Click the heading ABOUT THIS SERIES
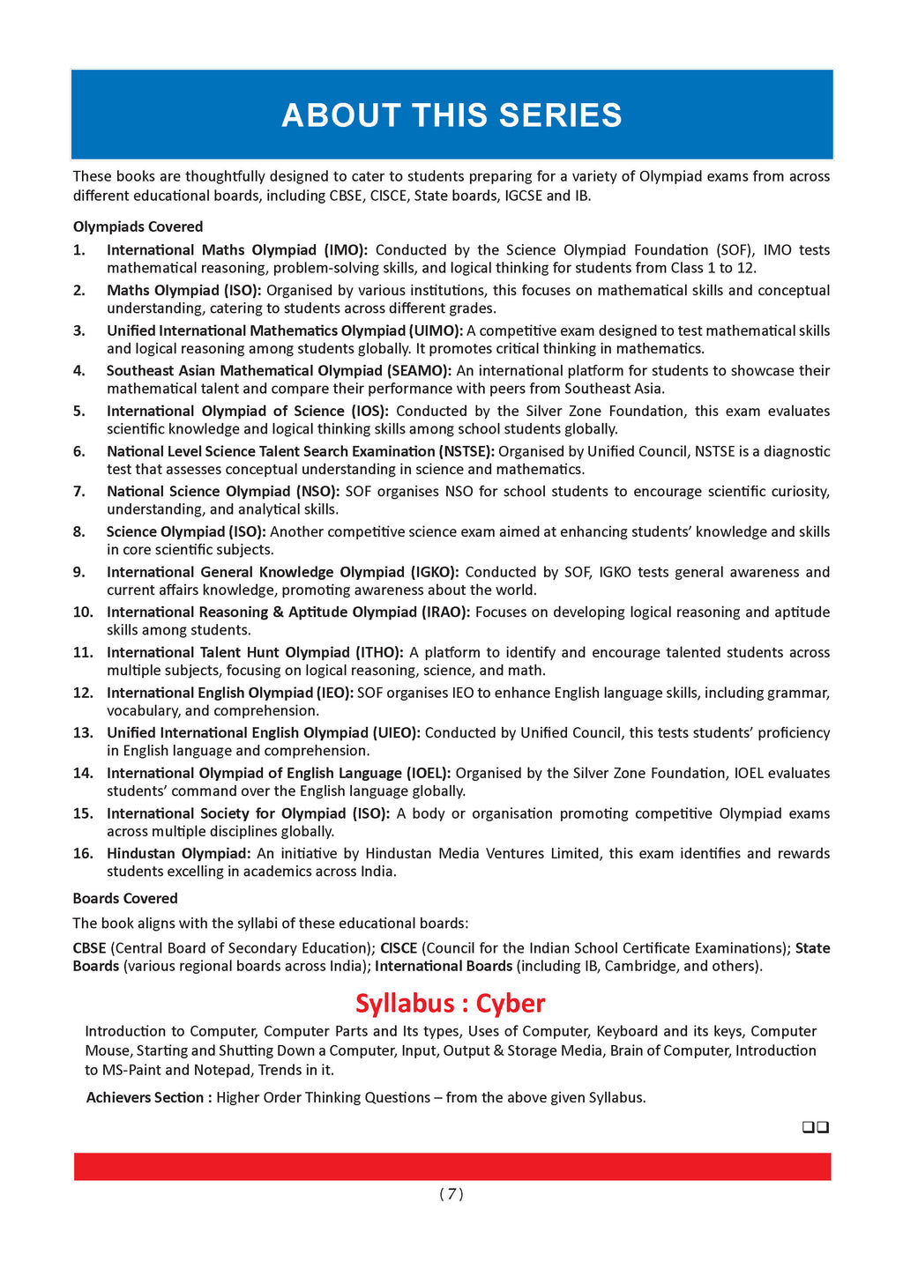pyautogui.click(x=451, y=115)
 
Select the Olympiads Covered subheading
pyautogui.click(x=138, y=226)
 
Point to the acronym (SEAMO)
pyautogui.click(x=419, y=370)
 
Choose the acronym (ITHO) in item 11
pyautogui.click(x=378, y=652)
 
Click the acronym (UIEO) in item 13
pyautogui.click(x=395, y=732)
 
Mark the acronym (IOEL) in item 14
pyautogui.click(x=427, y=773)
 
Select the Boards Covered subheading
pyautogui.click(x=125, y=898)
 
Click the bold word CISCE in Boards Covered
pyautogui.click(x=399, y=948)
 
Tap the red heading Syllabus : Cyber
pyautogui.click(x=451, y=1003)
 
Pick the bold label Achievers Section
pyautogui.click(x=148, y=1097)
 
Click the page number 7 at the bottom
pyautogui.click(x=451, y=1194)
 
